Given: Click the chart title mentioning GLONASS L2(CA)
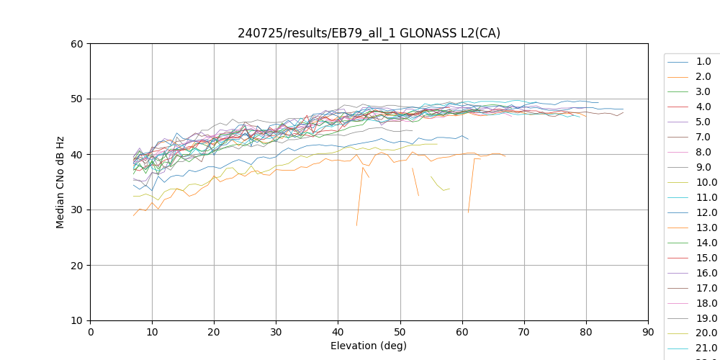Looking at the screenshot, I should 369,33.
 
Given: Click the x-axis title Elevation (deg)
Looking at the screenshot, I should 369,346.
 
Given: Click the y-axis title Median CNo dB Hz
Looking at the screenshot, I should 60,181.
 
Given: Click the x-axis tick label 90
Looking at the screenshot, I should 648,332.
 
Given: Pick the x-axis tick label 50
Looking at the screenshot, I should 400,332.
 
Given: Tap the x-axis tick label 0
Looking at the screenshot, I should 90,332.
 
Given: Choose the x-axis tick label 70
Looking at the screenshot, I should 524,332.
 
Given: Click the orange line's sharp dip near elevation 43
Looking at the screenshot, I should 356,225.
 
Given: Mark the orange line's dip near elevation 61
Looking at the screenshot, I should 468,212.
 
